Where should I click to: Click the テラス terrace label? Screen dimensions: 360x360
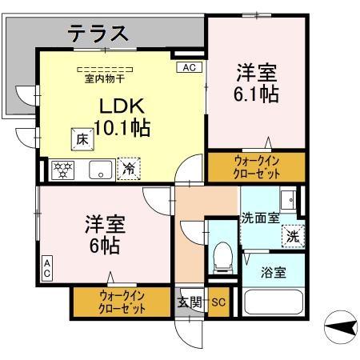tap(98, 33)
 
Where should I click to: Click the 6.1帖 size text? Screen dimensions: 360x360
tap(257, 93)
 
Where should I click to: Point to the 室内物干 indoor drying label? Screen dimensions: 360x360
tap(103, 78)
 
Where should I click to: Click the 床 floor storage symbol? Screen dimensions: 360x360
tap(82, 139)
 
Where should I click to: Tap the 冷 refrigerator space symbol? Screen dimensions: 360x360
tap(127, 168)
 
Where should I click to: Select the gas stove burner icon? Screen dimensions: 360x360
tap(63, 169)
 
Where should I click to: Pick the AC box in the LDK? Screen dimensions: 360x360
tap(189, 68)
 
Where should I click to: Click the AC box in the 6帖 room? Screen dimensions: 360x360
tap(47, 268)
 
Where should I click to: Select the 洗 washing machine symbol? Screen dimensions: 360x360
tap(293, 237)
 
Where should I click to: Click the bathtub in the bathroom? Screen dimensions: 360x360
tap(273, 303)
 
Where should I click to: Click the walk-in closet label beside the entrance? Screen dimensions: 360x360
tap(123, 301)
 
